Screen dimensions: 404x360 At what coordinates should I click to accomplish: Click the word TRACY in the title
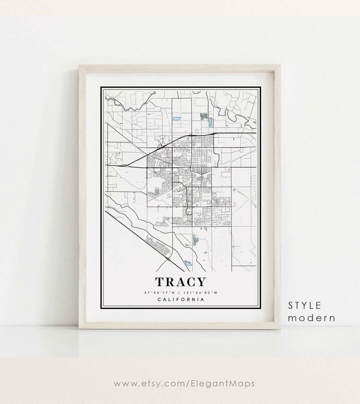coord(180,282)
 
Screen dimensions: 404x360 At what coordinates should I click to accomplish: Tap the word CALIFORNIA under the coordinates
coord(180,299)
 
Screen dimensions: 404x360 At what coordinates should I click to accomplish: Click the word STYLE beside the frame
coord(305,305)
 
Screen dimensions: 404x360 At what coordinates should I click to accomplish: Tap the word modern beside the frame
coord(311,318)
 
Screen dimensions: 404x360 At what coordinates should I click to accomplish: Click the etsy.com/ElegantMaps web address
coord(184,383)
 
